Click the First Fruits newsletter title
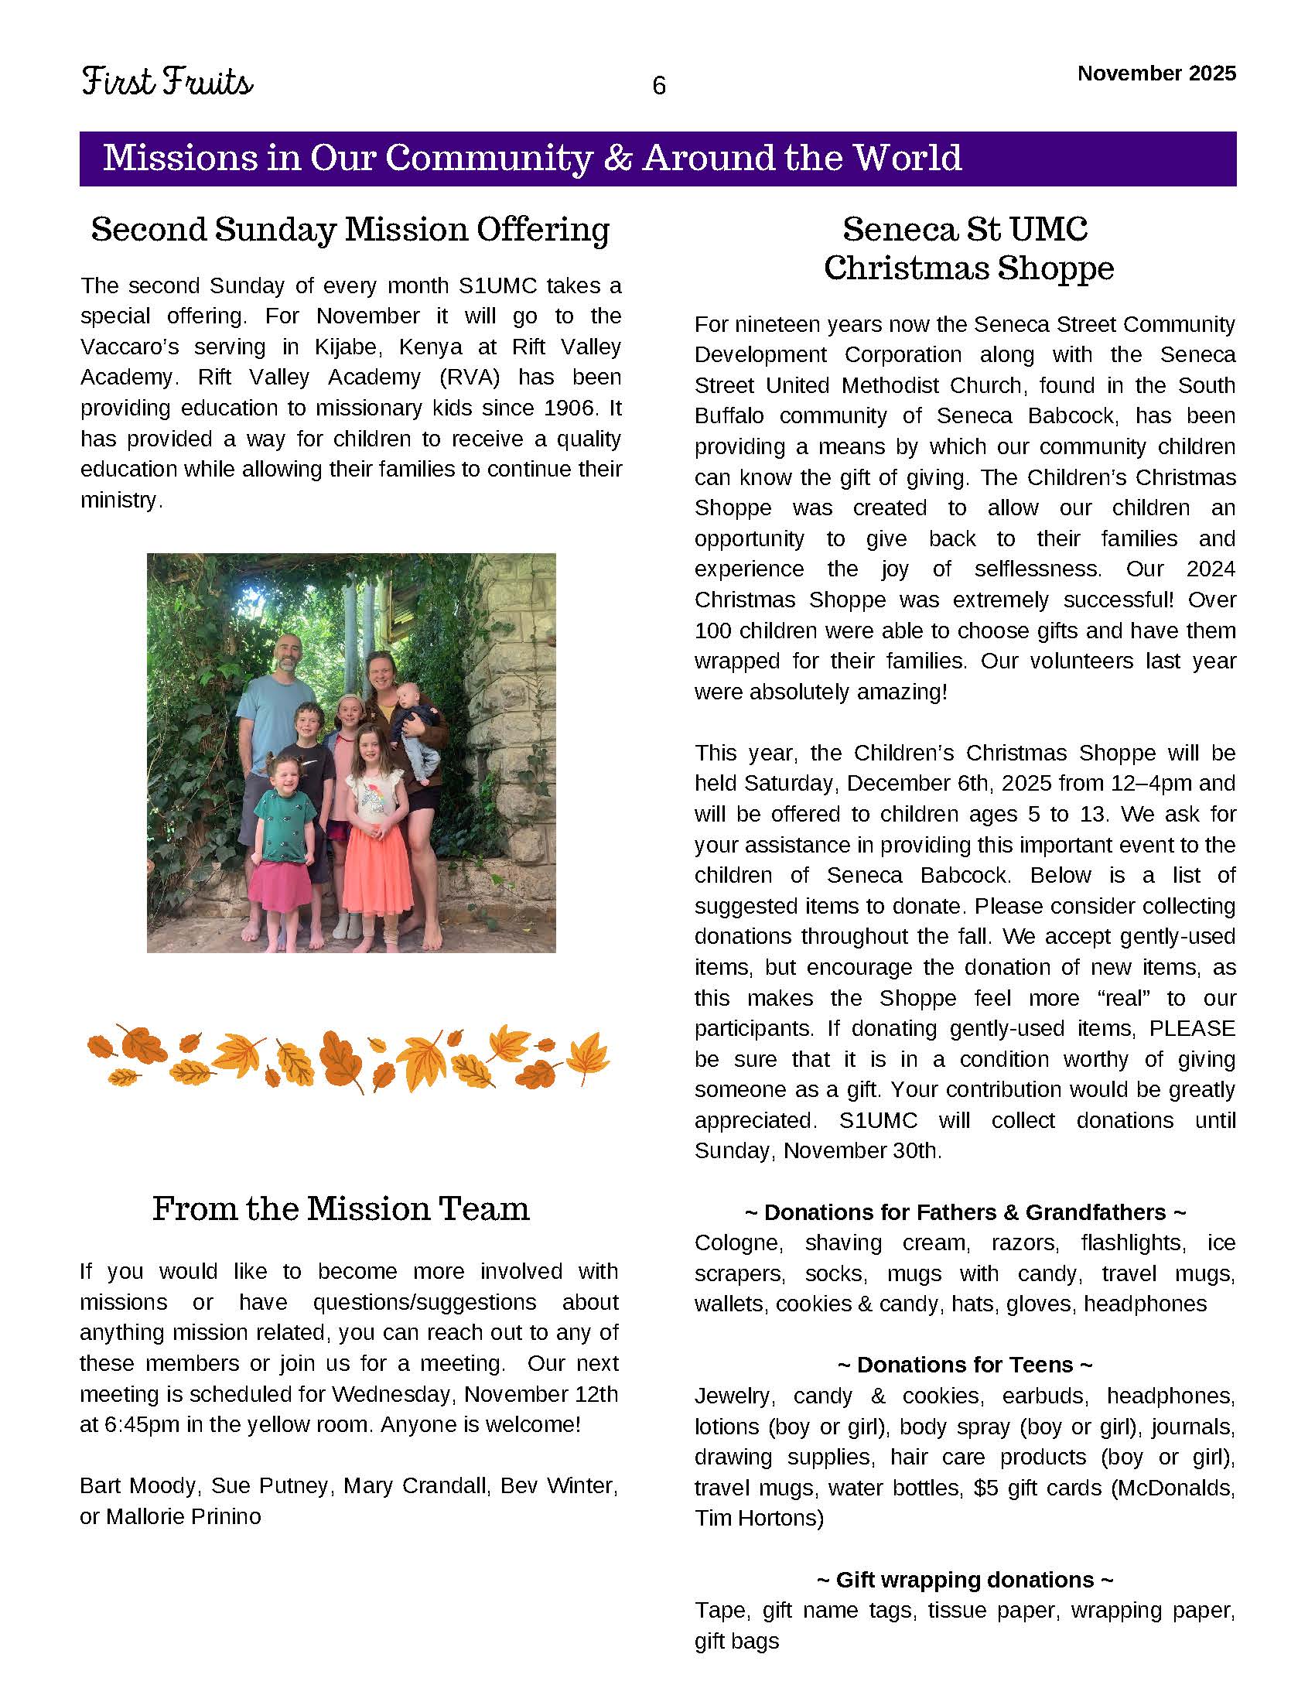[x=167, y=82]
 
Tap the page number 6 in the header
[x=658, y=86]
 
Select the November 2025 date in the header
[x=1156, y=73]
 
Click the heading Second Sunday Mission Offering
[x=350, y=230]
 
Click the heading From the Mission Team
[x=340, y=1208]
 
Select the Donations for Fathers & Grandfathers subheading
[x=965, y=1212]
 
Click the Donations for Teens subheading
[x=965, y=1365]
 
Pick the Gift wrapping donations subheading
[x=965, y=1580]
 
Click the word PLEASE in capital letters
[x=1192, y=1029]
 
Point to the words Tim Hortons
[x=759, y=1518]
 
